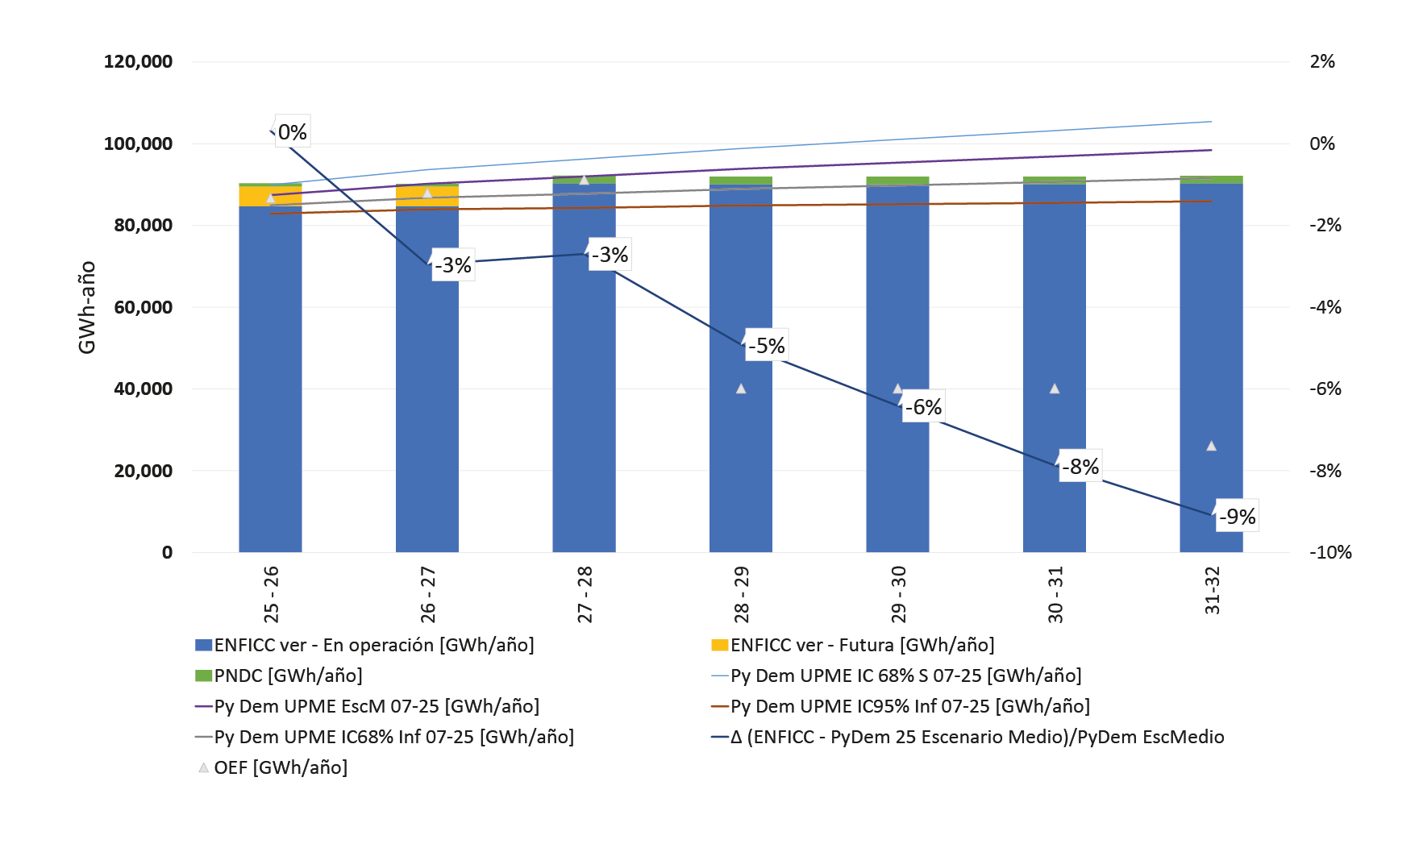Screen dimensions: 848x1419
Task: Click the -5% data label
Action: [x=766, y=346]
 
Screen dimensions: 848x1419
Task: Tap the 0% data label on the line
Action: [x=292, y=132]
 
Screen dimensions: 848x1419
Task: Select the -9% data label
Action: [x=1237, y=517]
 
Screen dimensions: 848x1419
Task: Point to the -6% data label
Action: [x=922, y=407]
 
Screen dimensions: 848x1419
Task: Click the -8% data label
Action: [x=1080, y=467]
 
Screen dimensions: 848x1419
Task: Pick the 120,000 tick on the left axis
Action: [x=138, y=62]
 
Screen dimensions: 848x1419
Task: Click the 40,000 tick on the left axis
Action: [x=143, y=389]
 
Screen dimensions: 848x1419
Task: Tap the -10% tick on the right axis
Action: [x=1330, y=553]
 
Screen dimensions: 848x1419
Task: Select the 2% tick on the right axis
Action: [x=1322, y=62]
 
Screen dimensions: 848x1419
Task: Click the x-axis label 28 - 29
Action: [x=741, y=595]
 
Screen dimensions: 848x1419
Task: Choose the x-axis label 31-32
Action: [x=1212, y=591]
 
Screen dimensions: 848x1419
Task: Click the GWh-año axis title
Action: [x=87, y=307]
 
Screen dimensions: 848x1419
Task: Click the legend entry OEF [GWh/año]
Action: [x=280, y=767]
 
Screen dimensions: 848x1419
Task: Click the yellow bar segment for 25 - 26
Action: [x=270, y=196]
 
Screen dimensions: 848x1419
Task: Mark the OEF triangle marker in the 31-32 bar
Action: [x=1211, y=446]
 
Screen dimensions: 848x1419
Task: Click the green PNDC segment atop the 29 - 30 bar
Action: [x=897, y=181]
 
